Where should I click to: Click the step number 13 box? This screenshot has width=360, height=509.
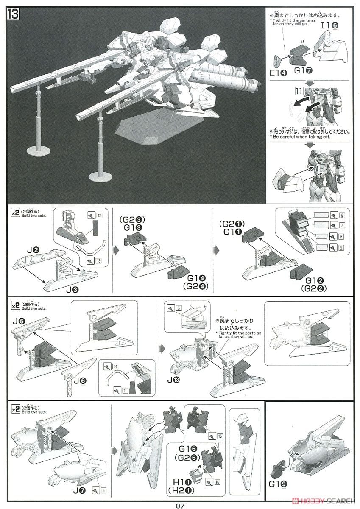(13, 14)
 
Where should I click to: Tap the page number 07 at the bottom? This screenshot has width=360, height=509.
(181, 505)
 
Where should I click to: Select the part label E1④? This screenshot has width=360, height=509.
(278, 73)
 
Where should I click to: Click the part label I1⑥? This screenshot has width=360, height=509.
(329, 25)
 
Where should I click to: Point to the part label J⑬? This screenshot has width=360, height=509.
(173, 380)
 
